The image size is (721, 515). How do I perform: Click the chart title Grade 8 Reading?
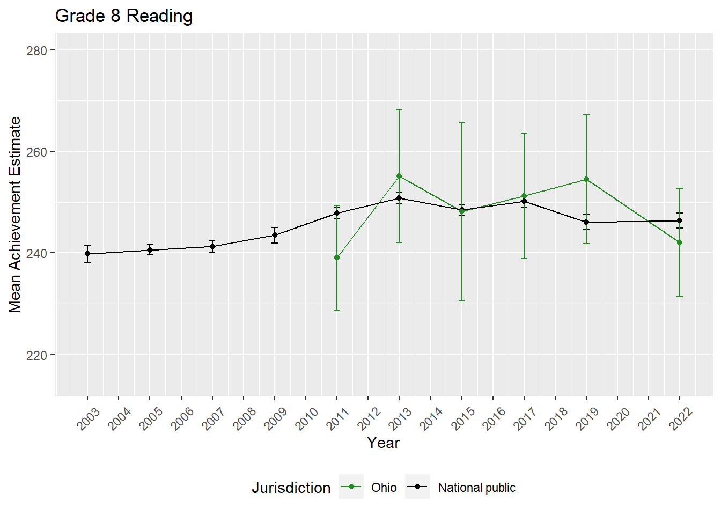click(124, 16)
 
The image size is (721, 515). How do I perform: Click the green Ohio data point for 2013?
click(399, 176)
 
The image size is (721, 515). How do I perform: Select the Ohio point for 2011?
click(337, 258)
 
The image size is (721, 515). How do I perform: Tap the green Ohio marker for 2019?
click(586, 180)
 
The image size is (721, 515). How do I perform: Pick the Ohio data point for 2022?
click(680, 243)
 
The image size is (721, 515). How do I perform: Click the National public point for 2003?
click(87, 254)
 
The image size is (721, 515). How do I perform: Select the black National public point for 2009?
click(275, 235)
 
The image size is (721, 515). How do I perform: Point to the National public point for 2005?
click(150, 250)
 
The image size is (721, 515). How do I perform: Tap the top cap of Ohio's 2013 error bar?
click(399, 109)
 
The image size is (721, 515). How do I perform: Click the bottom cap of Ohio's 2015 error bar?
click(461, 300)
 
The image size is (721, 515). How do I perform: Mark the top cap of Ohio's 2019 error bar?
click(586, 115)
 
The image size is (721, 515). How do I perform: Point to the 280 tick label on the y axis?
click(36, 50)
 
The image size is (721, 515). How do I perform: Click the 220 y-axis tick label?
click(36, 355)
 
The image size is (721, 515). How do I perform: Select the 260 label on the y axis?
click(36, 152)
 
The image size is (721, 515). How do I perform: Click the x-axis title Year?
click(383, 443)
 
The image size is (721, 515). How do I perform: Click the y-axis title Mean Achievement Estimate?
click(15, 215)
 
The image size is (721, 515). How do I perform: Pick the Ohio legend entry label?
click(384, 488)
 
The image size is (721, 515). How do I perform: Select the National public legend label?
click(476, 488)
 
